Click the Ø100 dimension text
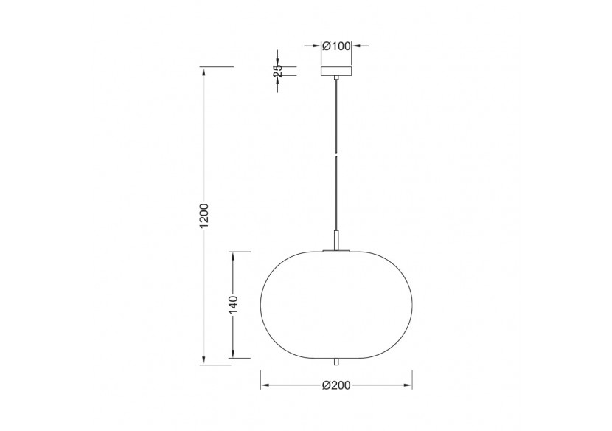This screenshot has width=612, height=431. [x=336, y=46]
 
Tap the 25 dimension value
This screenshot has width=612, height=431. [x=277, y=72]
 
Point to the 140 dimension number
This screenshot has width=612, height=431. [x=233, y=304]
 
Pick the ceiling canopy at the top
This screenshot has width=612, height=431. [x=336, y=72]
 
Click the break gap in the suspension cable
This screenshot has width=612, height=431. [x=336, y=156]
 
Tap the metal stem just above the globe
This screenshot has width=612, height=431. [x=336, y=240]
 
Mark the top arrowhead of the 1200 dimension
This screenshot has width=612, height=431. [x=204, y=71]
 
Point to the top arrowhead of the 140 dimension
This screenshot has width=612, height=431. [x=233, y=255]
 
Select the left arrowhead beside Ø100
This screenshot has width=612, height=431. [x=316, y=46]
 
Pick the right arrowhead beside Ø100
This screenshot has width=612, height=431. [x=356, y=46]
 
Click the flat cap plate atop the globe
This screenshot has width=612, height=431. [x=336, y=252]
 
